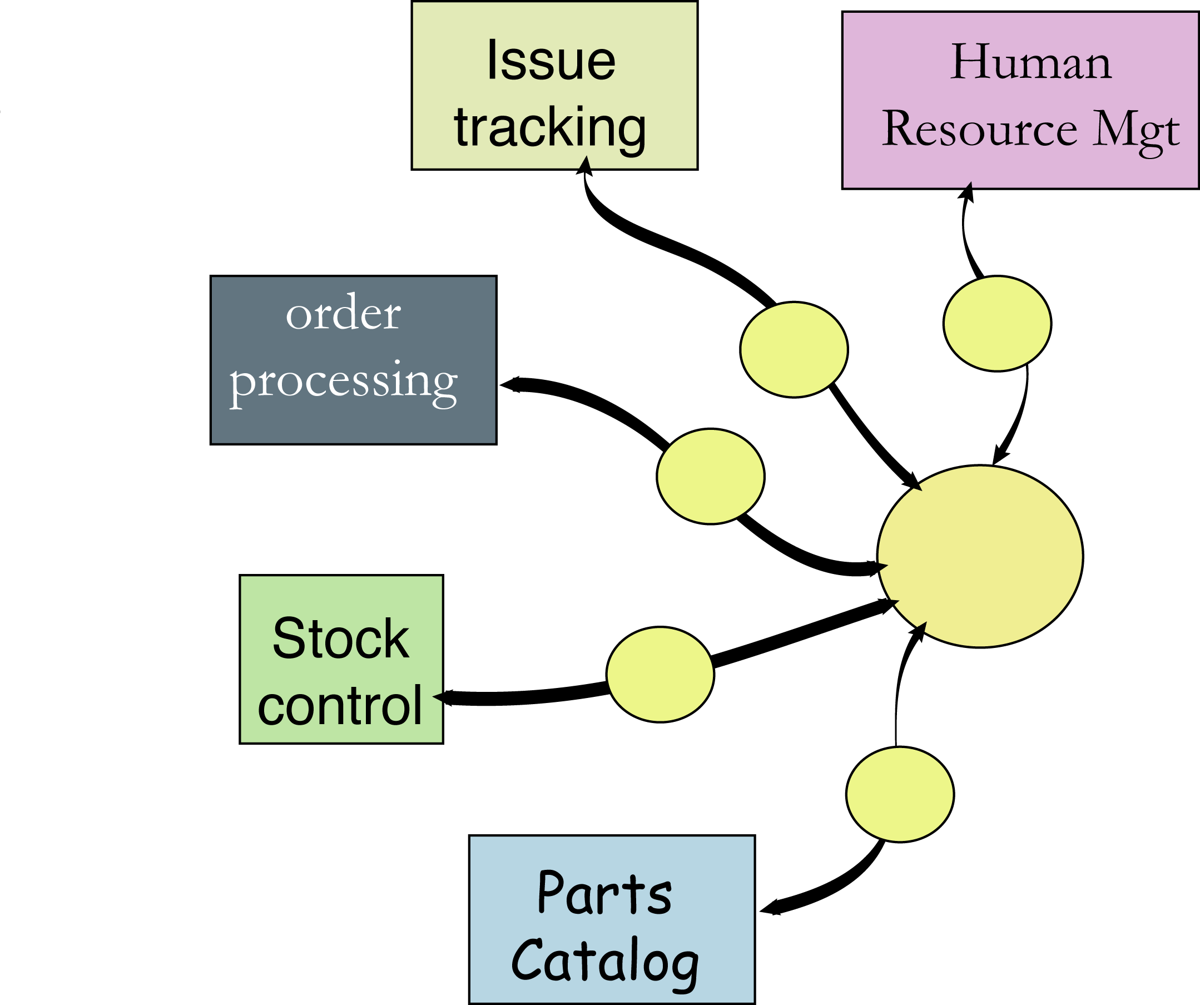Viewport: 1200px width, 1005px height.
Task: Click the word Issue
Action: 551,62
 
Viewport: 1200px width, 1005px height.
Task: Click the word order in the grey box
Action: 343,314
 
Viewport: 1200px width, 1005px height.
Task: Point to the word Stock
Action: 340,638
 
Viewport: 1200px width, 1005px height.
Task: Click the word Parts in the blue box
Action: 604,893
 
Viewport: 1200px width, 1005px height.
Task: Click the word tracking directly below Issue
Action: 550,127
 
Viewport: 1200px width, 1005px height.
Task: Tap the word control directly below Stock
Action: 340,706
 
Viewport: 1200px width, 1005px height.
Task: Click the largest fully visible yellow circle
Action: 980,556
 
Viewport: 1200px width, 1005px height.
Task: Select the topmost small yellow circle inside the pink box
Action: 997,324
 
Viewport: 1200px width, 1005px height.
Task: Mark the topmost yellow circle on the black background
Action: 794,350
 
